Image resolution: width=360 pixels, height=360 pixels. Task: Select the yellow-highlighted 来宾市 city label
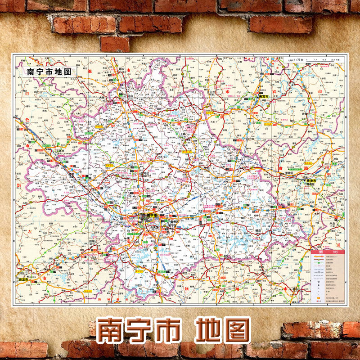(x=263, y=97)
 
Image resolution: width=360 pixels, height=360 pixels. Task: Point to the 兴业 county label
(x=333, y=223)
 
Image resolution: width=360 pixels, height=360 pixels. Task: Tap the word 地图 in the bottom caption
(x=223, y=331)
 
